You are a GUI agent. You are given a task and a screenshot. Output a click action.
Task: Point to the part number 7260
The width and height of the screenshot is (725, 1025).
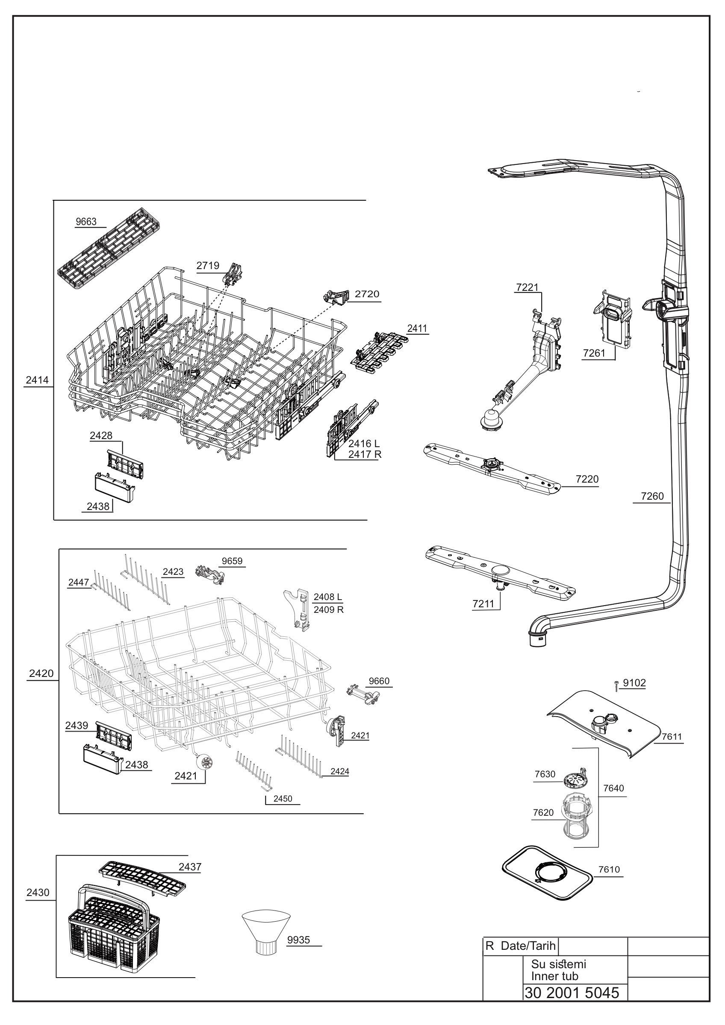click(652, 496)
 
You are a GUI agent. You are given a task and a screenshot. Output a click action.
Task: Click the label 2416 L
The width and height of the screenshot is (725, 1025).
click(364, 444)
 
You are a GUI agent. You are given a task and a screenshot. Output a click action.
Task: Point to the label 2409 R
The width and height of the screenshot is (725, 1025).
click(328, 609)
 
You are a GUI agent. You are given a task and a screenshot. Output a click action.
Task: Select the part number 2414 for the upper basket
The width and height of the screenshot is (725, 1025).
click(37, 380)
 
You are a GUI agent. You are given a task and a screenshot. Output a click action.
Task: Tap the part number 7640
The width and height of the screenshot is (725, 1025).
click(613, 788)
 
